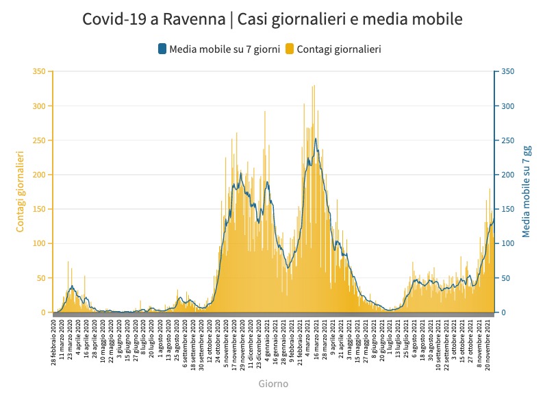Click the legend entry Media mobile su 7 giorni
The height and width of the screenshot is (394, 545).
pyautogui.click(x=224, y=49)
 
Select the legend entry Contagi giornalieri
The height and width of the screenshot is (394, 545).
pyautogui.click(x=340, y=49)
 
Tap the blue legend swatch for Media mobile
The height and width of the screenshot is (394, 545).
pyautogui.click(x=162, y=49)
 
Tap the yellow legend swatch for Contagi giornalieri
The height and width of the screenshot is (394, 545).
pyautogui.click(x=290, y=49)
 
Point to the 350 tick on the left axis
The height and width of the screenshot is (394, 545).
pyautogui.click(x=39, y=72)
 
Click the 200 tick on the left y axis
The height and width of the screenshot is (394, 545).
pyautogui.click(x=39, y=175)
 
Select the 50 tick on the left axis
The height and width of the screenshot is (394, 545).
pyautogui.click(x=41, y=278)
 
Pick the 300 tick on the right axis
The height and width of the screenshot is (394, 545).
pyautogui.click(x=507, y=106)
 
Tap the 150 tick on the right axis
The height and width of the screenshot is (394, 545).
pyautogui.click(x=507, y=210)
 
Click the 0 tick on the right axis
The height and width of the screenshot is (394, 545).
pyautogui.click(x=503, y=312)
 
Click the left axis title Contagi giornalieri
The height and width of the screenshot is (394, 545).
pyautogui.click(x=21, y=192)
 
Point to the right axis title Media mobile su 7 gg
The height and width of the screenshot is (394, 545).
pyautogui.click(x=526, y=192)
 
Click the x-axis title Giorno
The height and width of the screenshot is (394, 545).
pyautogui.click(x=273, y=384)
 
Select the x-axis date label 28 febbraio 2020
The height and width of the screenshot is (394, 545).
pyautogui.click(x=55, y=343)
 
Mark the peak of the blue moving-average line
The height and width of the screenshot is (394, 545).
pyautogui.click(x=316, y=139)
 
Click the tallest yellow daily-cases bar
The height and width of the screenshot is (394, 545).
pyautogui.click(x=314, y=86)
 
